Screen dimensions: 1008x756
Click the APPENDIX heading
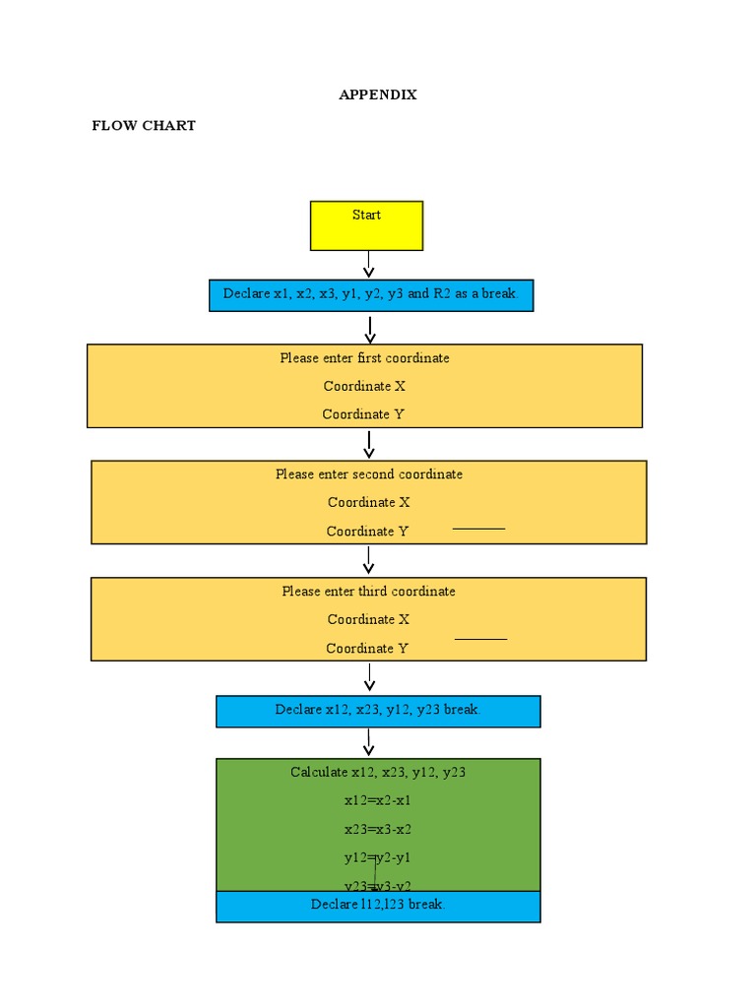378,95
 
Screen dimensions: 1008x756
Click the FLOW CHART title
144,126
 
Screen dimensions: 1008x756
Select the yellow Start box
366,225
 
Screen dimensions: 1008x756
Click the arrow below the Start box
369,265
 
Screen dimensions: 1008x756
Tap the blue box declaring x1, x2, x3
371,294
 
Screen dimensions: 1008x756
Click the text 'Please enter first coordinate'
364,358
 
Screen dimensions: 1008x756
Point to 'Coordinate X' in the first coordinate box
364,386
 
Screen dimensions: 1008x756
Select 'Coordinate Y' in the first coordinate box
363,414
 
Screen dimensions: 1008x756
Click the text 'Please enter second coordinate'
368,474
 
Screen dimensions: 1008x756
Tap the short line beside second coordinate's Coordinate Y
478,530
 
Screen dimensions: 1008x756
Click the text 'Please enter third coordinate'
368,592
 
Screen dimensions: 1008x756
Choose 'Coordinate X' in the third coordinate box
368,619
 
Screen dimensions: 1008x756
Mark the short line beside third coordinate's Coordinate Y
480,640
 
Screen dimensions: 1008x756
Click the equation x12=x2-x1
377,800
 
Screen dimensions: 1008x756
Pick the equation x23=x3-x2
377,829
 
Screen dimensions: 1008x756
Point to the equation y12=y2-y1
377,857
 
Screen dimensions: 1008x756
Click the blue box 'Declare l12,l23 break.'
378,906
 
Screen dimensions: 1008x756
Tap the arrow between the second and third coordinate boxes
368,560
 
